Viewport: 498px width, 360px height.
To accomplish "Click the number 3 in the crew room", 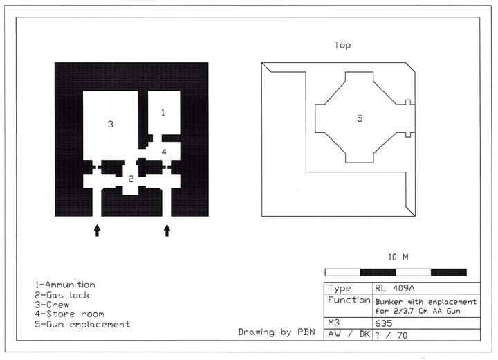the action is [111, 124].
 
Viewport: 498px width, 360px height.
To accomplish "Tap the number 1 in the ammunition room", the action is [163, 112].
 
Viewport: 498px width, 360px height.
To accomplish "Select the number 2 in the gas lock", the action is [131, 179].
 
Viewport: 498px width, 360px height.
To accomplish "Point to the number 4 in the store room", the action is [164, 152].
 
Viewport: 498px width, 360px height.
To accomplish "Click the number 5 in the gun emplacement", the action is [360, 118].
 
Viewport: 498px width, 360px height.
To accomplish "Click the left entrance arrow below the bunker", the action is [98, 231].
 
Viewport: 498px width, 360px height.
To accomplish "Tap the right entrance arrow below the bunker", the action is [167, 231].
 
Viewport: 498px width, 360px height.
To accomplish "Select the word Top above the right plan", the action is [342, 45].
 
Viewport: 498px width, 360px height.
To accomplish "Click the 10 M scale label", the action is [398, 257].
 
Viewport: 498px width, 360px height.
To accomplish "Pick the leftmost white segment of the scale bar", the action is [342, 272].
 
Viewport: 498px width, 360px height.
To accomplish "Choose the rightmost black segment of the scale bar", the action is [449, 272].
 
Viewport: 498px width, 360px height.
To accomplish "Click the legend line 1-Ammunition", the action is [65, 285].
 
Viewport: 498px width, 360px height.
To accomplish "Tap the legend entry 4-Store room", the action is [70, 314].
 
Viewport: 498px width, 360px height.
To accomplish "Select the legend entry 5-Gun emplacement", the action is [82, 325].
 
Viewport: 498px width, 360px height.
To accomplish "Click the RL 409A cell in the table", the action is [394, 288].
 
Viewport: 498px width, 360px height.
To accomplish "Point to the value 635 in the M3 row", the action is [384, 323].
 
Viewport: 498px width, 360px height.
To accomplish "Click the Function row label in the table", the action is [349, 300].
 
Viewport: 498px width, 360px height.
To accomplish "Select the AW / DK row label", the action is [349, 334].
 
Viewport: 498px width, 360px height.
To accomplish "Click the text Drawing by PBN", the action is [277, 332].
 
